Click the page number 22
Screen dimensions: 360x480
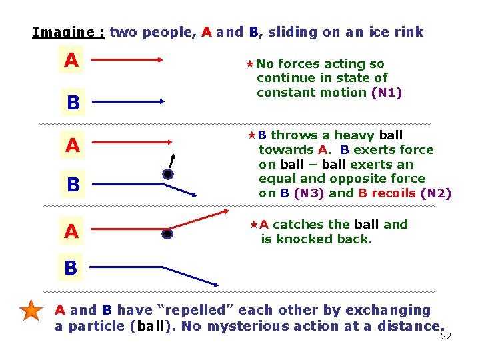pyautogui.click(x=446, y=336)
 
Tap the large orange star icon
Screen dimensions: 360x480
pyautogui.click(x=31, y=311)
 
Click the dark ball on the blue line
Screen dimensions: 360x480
pyautogui.click(x=168, y=175)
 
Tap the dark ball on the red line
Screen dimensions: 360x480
pyautogui.click(x=167, y=234)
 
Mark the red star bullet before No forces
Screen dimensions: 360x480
pyautogui.click(x=250, y=64)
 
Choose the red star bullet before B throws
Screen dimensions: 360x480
pyautogui.click(x=252, y=135)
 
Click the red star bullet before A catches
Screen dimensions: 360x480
pyautogui.click(x=253, y=225)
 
